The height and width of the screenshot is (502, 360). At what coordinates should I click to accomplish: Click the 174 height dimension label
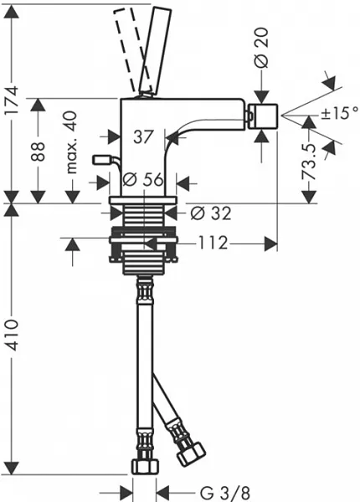click(x=13, y=101)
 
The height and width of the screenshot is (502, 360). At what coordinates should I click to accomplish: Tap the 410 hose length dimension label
click(x=13, y=334)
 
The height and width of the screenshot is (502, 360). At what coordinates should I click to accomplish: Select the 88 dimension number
click(x=39, y=151)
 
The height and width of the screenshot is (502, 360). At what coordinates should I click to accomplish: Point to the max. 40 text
click(x=72, y=142)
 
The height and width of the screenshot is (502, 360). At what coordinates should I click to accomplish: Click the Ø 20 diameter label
click(x=262, y=48)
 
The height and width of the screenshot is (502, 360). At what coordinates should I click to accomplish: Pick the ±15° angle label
click(x=340, y=113)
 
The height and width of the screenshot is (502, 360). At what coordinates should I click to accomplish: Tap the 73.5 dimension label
click(x=309, y=161)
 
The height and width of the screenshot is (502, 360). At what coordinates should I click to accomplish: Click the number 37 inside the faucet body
click(x=143, y=136)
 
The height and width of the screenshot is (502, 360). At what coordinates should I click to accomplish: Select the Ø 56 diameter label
click(x=143, y=179)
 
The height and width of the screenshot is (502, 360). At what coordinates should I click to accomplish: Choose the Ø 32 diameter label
click(x=210, y=213)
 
